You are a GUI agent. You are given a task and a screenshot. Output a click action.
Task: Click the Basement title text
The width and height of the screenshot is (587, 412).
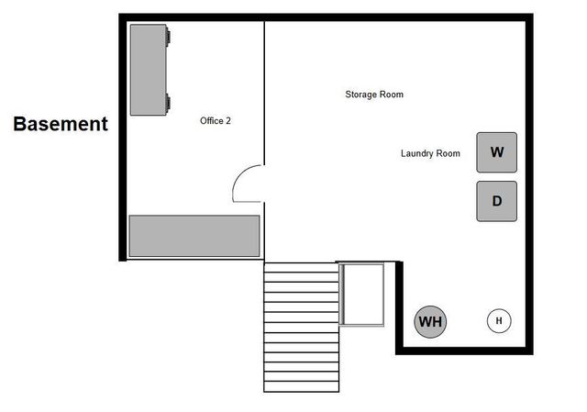tap(61, 124)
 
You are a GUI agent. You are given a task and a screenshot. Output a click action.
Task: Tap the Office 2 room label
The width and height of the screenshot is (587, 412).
tap(216, 120)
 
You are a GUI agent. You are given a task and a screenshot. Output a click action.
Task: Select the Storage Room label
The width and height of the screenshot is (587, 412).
tap(374, 95)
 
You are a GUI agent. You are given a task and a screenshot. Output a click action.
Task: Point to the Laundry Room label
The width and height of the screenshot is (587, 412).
tap(430, 153)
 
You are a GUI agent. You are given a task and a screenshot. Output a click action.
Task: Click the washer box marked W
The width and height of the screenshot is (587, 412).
tap(496, 152)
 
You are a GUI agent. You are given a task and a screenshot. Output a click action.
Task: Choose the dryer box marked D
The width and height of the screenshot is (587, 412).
tap(496, 201)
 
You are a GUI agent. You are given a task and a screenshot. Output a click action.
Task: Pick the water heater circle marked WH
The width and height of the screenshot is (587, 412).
tap(430, 322)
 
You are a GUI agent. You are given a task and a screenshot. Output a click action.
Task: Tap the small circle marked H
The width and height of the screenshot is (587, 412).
tap(499, 320)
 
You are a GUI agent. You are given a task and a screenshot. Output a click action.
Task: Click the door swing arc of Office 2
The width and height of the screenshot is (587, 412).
tap(246, 184)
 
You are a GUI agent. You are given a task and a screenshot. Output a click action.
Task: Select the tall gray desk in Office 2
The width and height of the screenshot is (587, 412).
tap(148, 70)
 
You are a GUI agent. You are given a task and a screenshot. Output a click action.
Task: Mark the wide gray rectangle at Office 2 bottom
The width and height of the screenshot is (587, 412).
tap(194, 236)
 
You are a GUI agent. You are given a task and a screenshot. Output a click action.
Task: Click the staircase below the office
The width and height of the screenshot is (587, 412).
tap(301, 327)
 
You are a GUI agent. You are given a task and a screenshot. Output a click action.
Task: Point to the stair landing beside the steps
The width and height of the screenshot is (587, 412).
tap(361, 293)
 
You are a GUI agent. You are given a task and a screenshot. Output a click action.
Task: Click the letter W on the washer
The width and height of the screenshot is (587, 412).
tap(496, 152)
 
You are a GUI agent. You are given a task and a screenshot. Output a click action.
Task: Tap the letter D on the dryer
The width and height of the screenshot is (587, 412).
tap(496, 201)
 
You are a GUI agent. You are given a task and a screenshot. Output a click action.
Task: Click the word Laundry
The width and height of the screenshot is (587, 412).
tap(418, 153)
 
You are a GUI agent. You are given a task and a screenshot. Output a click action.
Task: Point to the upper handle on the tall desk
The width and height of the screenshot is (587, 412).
tap(168, 37)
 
